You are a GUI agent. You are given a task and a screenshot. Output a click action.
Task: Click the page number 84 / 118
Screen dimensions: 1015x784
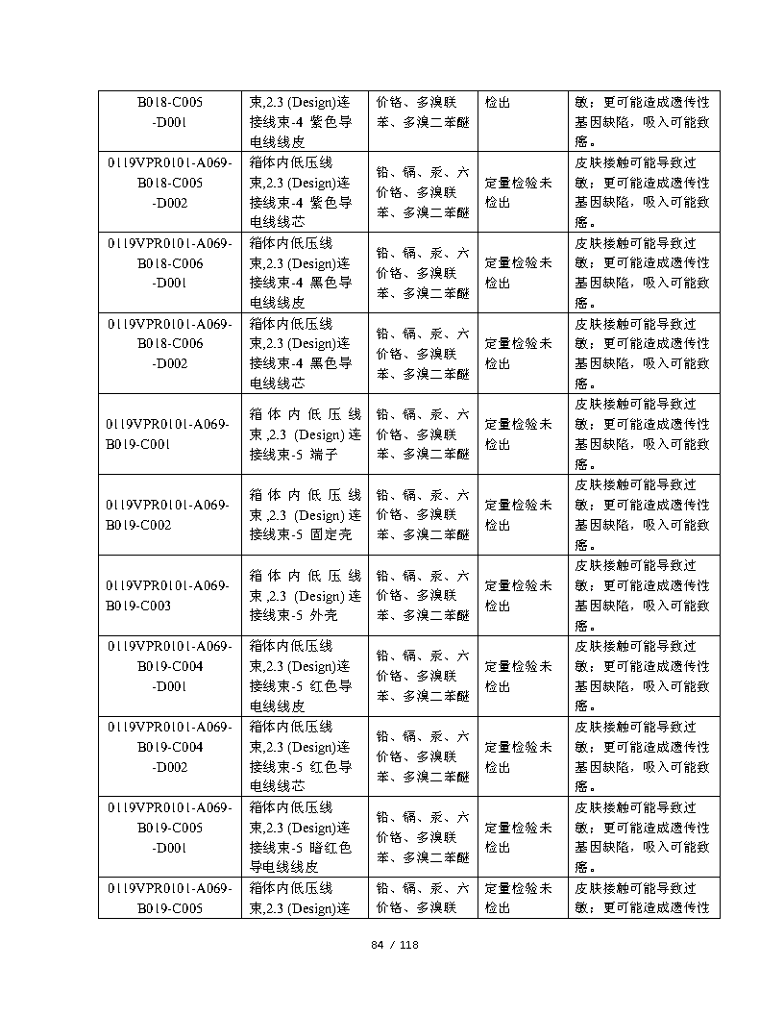point(395,945)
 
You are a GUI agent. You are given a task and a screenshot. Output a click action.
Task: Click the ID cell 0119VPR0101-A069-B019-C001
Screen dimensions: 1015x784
point(169,433)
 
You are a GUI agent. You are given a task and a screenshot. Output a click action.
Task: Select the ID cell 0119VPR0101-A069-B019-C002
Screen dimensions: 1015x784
point(169,514)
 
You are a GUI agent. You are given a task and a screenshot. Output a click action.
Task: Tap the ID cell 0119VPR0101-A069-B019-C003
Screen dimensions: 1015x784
point(169,595)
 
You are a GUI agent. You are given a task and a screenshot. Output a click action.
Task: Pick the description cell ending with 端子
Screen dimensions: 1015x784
point(305,433)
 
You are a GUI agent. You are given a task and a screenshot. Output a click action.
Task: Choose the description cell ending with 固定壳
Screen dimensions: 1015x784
point(305,514)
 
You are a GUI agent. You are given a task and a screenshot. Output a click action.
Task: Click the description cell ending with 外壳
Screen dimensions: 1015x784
point(305,595)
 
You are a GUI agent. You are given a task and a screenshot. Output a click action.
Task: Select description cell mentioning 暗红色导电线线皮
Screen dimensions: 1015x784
point(305,836)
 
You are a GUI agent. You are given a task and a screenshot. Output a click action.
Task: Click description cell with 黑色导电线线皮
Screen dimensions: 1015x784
point(305,272)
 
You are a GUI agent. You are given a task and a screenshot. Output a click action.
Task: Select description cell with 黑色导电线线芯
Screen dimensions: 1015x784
point(305,353)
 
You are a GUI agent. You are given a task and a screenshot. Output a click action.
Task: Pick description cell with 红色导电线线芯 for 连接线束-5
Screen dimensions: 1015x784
point(305,756)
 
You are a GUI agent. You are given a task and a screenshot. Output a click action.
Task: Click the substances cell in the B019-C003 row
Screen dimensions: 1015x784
point(423,595)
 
